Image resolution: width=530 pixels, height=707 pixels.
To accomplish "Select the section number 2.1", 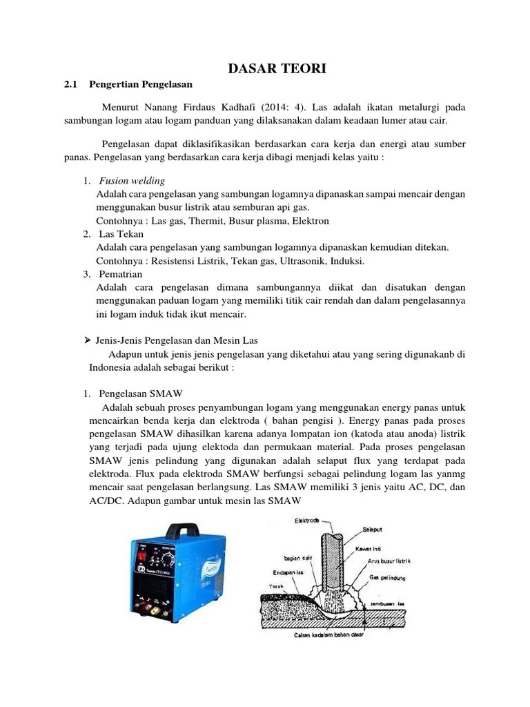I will point(69,84).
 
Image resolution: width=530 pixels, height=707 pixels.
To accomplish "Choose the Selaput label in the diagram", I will point(374,531).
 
